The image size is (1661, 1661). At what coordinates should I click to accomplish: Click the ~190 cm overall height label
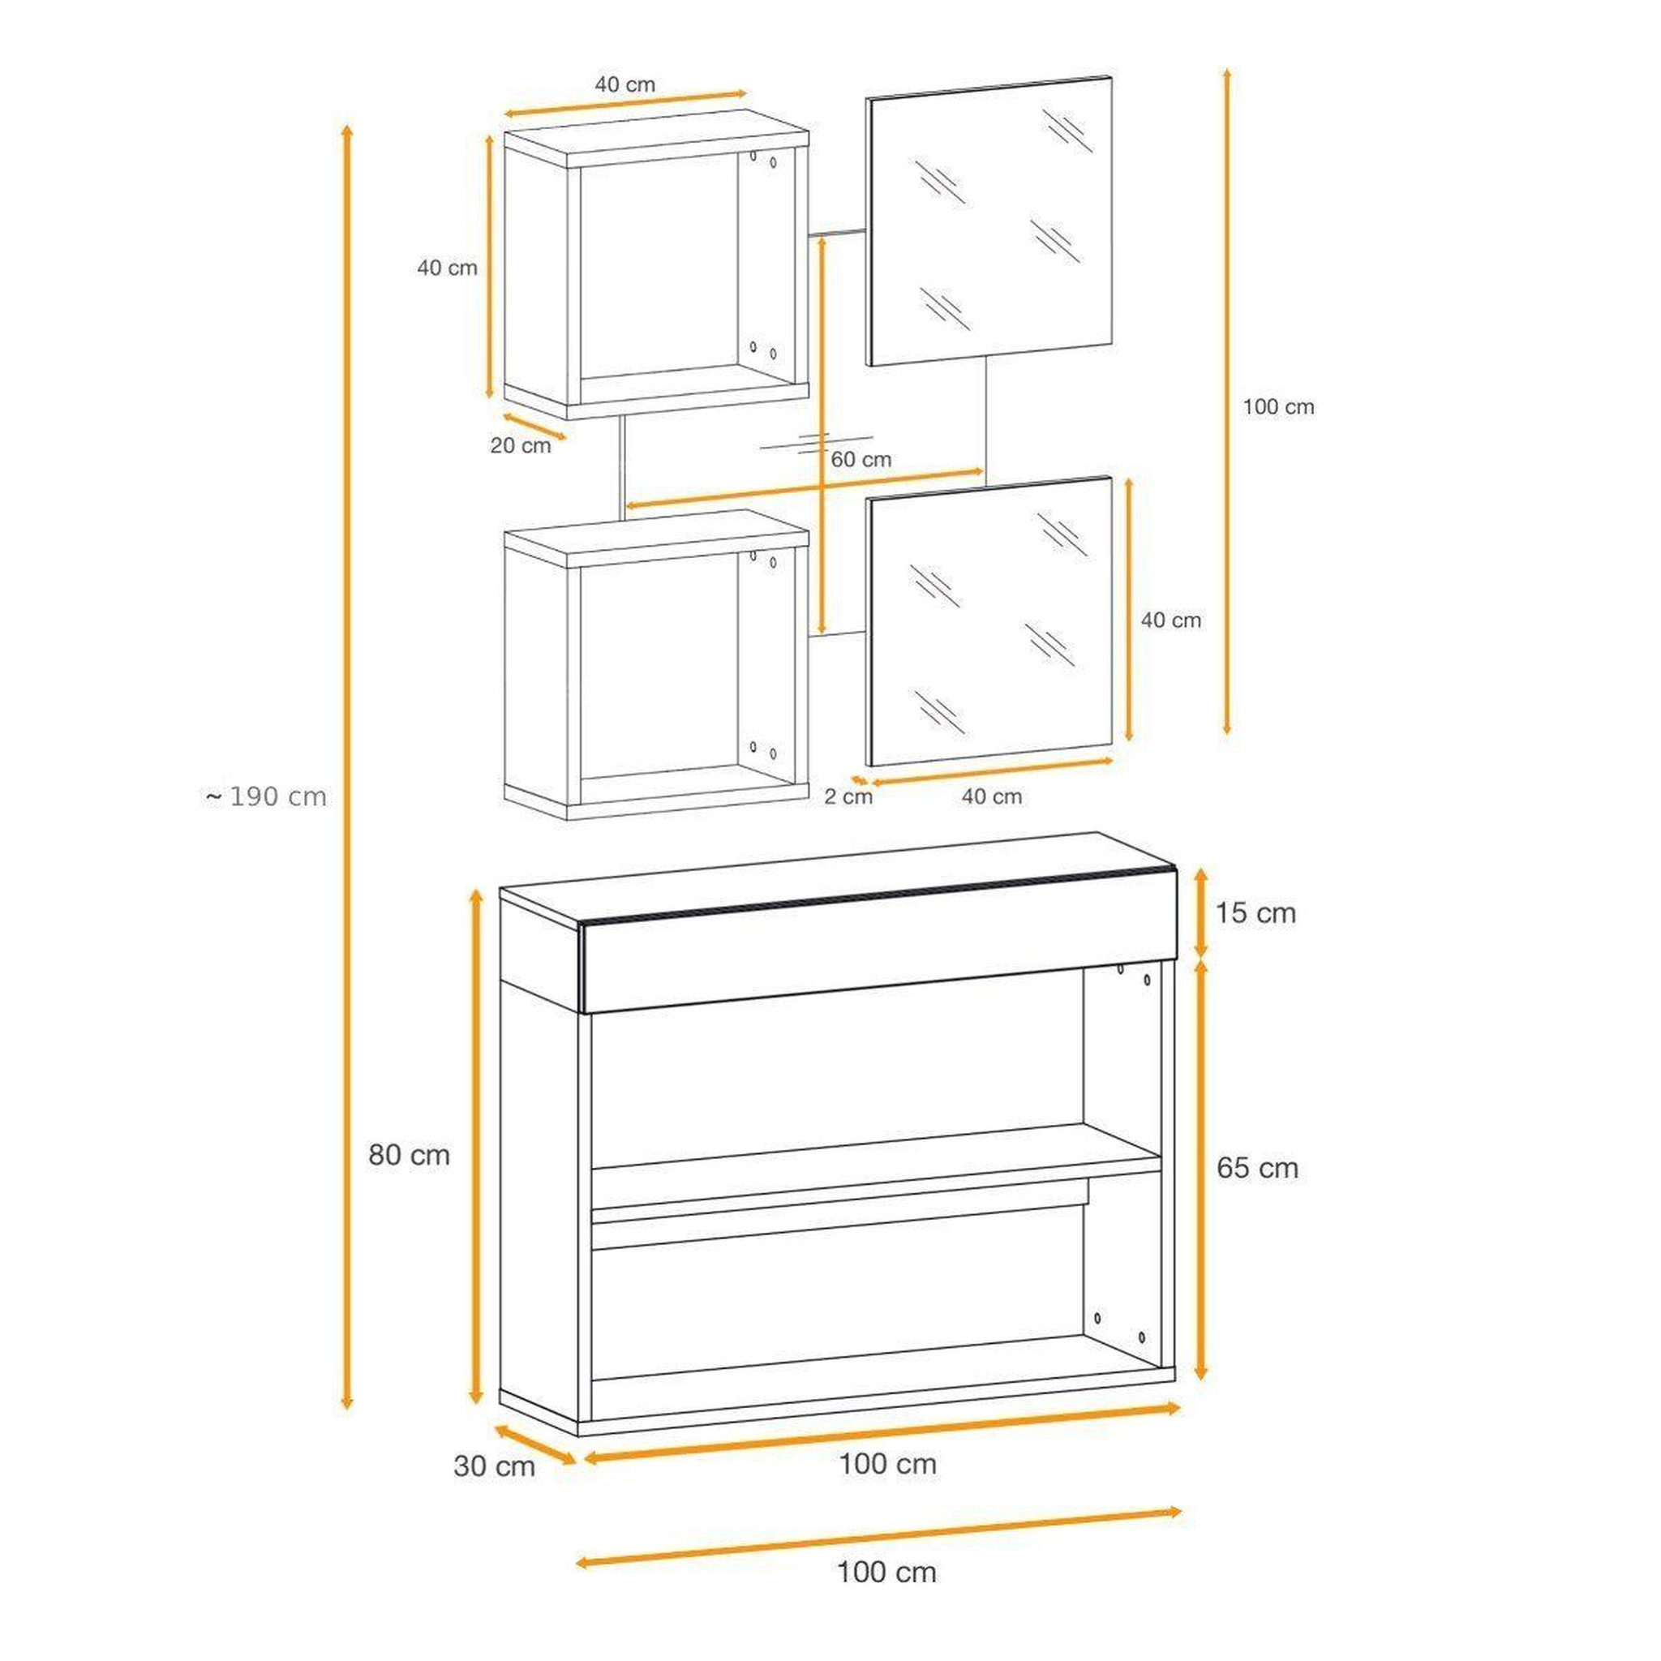pyautogui.click(x=267, y=797)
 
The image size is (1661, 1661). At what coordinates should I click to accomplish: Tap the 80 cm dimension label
pyautogui.click(x=410, y=1155)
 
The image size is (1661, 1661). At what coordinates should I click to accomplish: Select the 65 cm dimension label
pyautogui.click(x=1257, y=1168)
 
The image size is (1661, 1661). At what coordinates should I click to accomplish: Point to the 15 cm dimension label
pyautogui.click(x=1255, y=912)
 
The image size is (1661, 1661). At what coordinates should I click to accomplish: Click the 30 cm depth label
pyautogui.click(x=495, y=1466)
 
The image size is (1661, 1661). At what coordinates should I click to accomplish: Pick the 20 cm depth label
pyautogui.click(x=520, y=445)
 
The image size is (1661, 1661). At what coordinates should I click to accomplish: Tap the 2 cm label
pyautogui.click(x=848, y=797)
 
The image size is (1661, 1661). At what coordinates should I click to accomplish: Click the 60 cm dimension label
pyautogui.click(x=861, y=460)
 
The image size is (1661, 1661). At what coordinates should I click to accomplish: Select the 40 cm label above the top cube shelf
pyautogui.click(x=625, y=84)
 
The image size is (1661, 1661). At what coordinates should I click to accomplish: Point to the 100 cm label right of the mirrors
pyautogui.click(x=1278, y=406)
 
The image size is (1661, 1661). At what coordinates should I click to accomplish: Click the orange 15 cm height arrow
pyautogui.click(x=1202, y=912)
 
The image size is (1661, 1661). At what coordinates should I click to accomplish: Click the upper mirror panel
pyautogui.click(x=989, y=221)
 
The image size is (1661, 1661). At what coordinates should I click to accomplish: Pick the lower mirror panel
pyautogui.click(x=989, y=621)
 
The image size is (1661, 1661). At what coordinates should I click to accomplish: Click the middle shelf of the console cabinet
pyautogui.click(x=876, y=1169)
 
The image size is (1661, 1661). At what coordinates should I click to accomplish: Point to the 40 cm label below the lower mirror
pyautogui.click(x=992, y=797)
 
